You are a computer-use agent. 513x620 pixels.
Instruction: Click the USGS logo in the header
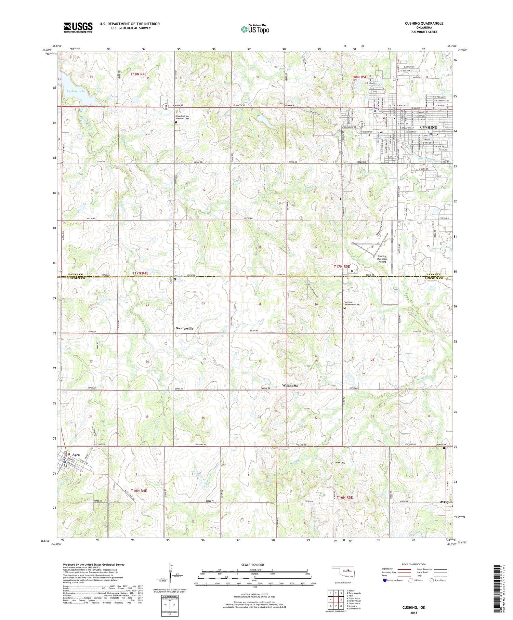tap(78, 27)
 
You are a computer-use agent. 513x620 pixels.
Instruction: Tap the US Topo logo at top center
tap(255, 29)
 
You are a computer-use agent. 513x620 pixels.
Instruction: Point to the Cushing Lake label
tap(76, 91)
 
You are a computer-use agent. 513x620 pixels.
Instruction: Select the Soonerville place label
tap(184, 328)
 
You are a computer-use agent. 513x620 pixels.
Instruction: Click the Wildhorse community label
tap(290, 386)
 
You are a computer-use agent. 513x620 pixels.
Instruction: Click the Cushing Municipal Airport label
tap(382, 259)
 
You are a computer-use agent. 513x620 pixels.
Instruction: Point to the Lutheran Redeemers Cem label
tap(352, 304)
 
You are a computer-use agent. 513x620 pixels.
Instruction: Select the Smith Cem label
tap(340, 463)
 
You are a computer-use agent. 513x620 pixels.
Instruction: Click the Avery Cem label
tap(442, 445)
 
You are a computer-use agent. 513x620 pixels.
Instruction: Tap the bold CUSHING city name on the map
tap(429, 127)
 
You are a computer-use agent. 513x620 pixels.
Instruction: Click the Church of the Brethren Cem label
tap(182, 117)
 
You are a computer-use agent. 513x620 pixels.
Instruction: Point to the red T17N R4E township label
tap(140, 273)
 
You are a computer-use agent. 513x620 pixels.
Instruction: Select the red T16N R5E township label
tap(344, 497)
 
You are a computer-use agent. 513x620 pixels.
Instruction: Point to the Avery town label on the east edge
tap(444, 502)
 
